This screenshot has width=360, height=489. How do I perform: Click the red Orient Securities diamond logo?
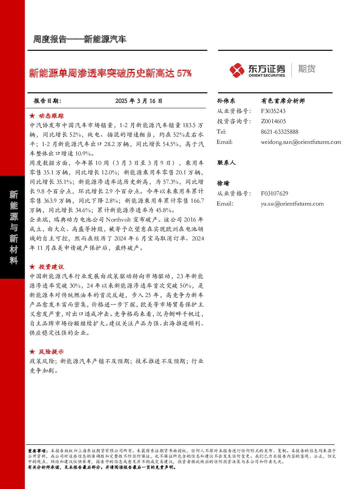(x=237, y=70)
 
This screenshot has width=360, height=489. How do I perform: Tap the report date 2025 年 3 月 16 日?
(x=139, y=101)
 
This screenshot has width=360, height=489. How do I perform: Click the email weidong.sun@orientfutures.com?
(x=301, y=142)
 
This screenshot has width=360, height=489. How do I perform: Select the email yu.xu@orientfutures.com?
(x=292, y=204)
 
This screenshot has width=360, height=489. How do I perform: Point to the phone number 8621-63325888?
(x=279, y=132)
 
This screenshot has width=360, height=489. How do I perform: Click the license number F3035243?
(x=273, y=111)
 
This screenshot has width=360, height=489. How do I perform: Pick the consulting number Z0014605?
(x=273, y=121)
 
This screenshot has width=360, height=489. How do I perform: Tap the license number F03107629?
(x=274, y=193)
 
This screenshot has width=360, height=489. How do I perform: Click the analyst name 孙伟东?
(x=226, y=101)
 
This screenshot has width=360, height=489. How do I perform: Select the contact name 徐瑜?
(x=223, y=183)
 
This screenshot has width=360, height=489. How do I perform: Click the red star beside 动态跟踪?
(x=32, y=116)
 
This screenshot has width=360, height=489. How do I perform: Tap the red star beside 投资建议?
(x=32, y=267)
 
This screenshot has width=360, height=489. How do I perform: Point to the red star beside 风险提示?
(x=32, y=352)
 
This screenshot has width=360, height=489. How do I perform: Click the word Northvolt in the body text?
(x=118, y=220)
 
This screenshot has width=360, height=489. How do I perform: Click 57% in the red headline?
(x=184, y=73)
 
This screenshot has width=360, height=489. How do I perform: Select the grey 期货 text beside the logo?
(x=307, y=69)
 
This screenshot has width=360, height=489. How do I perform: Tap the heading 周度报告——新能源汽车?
(x=80, y=39)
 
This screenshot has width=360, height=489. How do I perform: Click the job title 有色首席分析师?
(x=283, y=101)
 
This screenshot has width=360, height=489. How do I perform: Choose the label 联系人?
(x=226, y=163)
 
